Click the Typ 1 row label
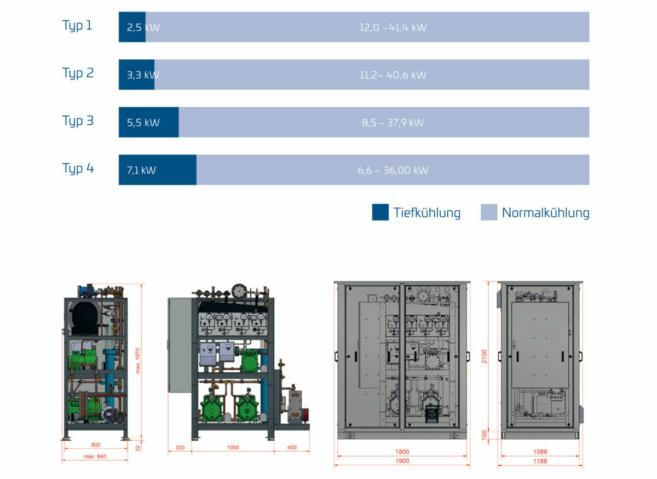(x=77, y=26)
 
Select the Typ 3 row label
(x=78, y=121)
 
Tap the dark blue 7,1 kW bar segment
(x=158, y=170)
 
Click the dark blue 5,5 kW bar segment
(x=149, y=122)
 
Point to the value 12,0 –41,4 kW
(x=393, y=27)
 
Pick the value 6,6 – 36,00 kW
(x=393, y=170)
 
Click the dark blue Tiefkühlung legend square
(x=381, y=212)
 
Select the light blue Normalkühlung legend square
(x=489, y=212)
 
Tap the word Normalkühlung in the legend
(x=545, y=213)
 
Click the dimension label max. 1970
(x=138, y=361)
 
